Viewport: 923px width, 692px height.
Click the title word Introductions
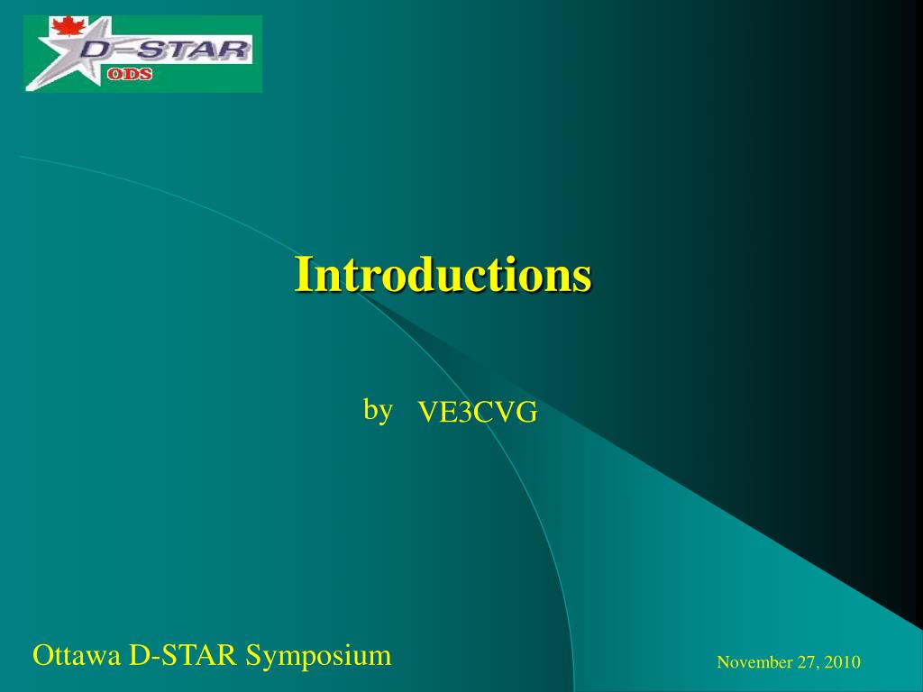click(443, 274)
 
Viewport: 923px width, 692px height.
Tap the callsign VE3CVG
click(478, 412)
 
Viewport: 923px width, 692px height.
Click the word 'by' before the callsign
click(378, 410)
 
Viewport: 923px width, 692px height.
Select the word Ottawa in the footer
click(76, 655)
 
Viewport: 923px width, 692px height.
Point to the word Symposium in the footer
click(318, 656)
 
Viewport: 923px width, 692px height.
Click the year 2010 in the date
click(843, 662)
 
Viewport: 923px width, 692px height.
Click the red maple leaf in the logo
click(69, 26)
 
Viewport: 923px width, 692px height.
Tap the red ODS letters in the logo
click(130, 74)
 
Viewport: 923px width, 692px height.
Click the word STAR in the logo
click(195, 50)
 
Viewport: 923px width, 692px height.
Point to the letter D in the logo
click(96, 50)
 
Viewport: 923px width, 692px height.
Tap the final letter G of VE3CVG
click(527, 413)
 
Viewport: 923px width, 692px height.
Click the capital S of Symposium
click(253, 655)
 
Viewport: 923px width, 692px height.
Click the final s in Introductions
click(583, 280)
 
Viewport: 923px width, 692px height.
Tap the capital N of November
click(724, 662)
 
